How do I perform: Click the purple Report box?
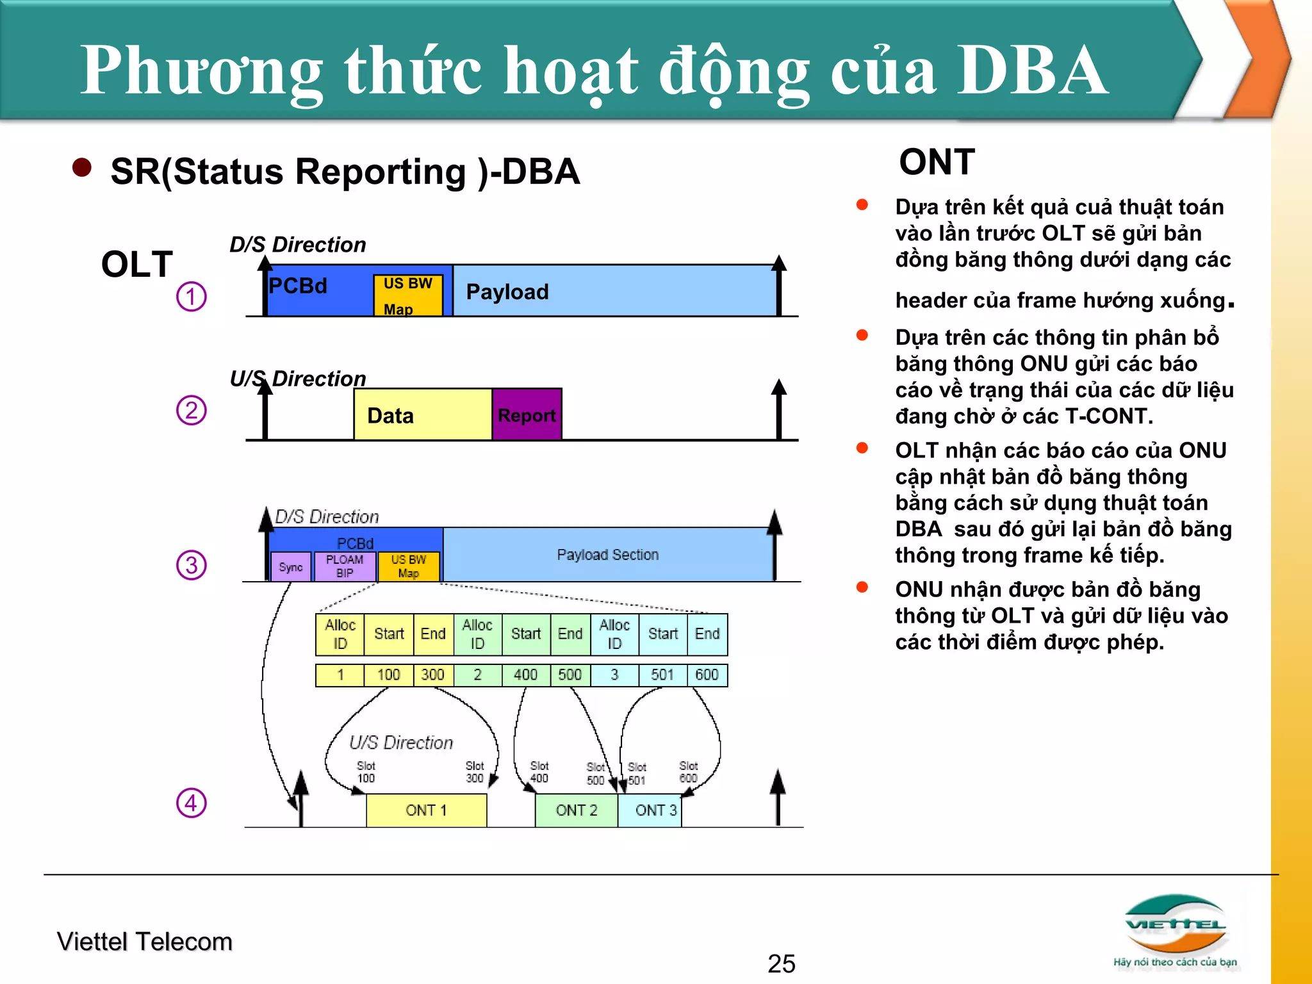coord(527,415)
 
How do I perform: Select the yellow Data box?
coord(422,415)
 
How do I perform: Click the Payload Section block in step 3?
coord(607,555)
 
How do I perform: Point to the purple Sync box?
coord(291,567)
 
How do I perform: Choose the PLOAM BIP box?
coord(345,566)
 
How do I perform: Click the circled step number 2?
coord(192,410)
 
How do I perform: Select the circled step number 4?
coord(192,803)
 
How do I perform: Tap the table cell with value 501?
coord(662,675)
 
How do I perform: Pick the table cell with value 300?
coord(432,675)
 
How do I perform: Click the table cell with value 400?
coord(525,675)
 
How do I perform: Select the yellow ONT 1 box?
coord(426,810)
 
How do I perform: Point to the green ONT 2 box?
coord(576,810)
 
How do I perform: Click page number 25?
coord(782,963)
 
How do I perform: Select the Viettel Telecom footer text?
coord(145,942)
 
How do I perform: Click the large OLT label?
coord(137,264)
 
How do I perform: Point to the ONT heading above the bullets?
coord(937,161)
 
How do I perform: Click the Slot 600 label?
coord(689,772)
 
